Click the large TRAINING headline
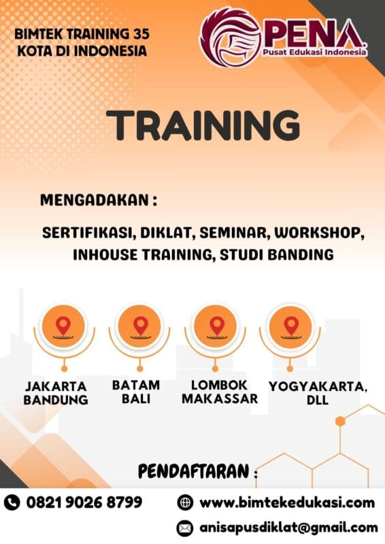pos(203,126)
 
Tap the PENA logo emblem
pos(230,37)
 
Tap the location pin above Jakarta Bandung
pos(63,324)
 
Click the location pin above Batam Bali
pos(139,324)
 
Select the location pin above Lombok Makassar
pos(216,324)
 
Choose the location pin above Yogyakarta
pos(290,324)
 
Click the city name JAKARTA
pos(56,386)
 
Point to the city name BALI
pos(136,399)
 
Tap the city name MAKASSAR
pos(220,398)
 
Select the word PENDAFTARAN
pos(193,471)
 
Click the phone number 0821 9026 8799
pos(84,503)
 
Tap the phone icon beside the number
pos(12,503)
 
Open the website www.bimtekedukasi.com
pos(286,503)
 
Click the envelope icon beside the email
pos(184,527)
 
